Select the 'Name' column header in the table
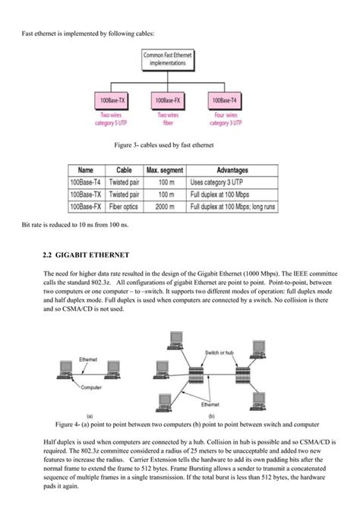click(86, 171)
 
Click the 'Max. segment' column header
click(164, 171)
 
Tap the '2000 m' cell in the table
click(163, 206)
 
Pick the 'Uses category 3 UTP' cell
click(217, 183)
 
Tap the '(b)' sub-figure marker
click(210, 416)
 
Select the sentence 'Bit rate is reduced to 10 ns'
click(75, 226)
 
